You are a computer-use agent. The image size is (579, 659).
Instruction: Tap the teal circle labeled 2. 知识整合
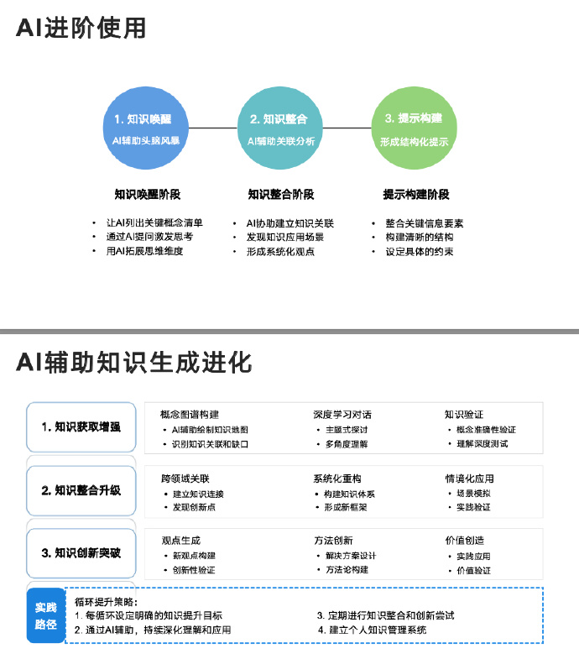(280, 129)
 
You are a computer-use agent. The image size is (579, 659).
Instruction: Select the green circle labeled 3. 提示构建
(414, 129)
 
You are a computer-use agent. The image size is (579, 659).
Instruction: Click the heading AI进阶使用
(81, 28)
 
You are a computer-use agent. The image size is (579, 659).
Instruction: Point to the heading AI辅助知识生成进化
(133, 363)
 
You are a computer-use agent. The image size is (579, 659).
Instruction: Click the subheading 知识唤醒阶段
(147, 195)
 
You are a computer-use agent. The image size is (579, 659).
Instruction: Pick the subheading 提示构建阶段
(416, 195)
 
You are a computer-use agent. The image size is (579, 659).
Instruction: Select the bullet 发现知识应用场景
(285, 238)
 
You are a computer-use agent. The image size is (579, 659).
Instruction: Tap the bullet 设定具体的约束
(420, 252)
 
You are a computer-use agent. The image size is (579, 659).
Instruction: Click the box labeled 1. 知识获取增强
(81, 427)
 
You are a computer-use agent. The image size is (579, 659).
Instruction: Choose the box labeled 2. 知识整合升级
(81, 490)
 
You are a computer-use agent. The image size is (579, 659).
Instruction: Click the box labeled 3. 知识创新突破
(81, 553)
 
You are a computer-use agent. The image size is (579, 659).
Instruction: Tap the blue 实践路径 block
(45, 615)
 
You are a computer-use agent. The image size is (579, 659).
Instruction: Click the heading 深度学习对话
(342, 415)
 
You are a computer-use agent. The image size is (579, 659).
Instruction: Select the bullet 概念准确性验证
(486, 430)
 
